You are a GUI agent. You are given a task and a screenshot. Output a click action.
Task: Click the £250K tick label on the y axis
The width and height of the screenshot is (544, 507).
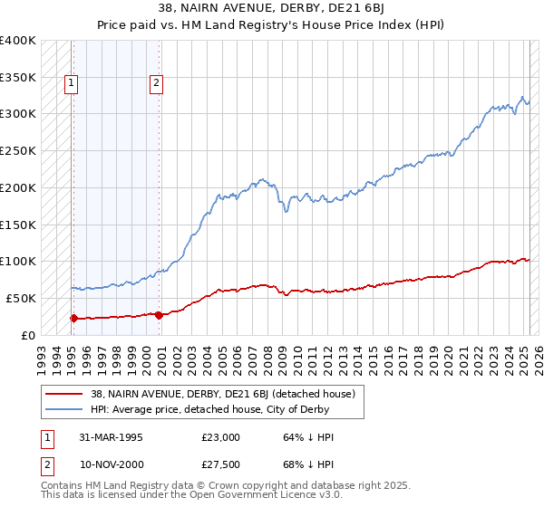pyautogui.click(x=18, y=150)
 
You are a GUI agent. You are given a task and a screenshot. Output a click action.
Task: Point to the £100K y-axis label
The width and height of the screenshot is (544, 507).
pyautogui.click(x=18, y=261)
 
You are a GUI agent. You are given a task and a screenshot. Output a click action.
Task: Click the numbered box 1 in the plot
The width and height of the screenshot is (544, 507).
pyautogui.click(x=71, y=84)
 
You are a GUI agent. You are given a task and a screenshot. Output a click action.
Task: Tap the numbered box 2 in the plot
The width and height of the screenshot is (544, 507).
pyautogui.click(x=156, y=84)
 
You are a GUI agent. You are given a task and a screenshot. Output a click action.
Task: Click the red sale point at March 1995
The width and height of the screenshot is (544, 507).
pyautogui.click(x=73, y=318)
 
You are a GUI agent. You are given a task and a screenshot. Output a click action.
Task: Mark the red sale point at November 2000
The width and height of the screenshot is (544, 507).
pyautogui.click(x=159, y=315)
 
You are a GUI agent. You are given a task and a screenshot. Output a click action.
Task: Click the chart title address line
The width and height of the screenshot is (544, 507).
pyautogui.click(x=272, y=9)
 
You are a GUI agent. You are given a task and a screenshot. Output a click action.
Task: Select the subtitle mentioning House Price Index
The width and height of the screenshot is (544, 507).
pyautogui.click(x=272, y=25)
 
